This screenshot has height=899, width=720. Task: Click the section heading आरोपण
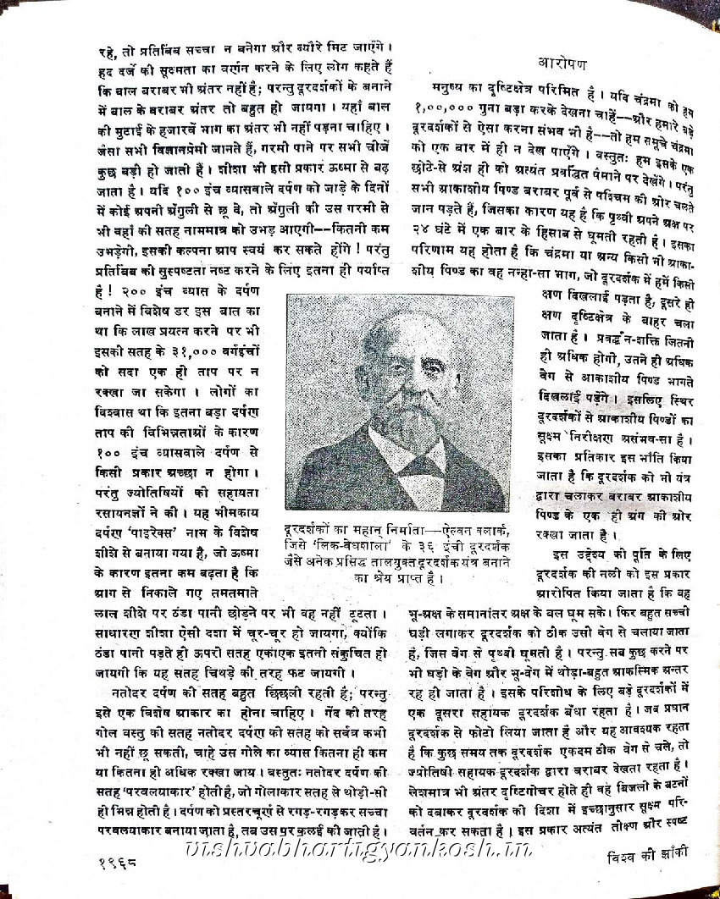point(568,62)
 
